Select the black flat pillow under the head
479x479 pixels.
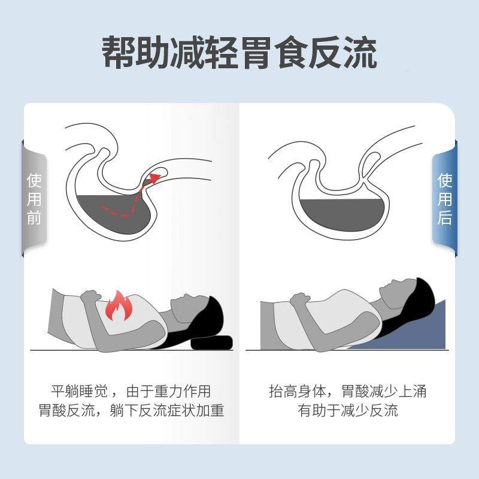click(212, 344)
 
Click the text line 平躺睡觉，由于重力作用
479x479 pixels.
click(131, 392)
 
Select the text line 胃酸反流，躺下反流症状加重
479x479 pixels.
click(131, 411)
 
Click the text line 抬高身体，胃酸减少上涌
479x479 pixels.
click(348, 392)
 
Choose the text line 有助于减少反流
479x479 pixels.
click(348, 411)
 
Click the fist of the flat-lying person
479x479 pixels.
click(90, 296)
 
